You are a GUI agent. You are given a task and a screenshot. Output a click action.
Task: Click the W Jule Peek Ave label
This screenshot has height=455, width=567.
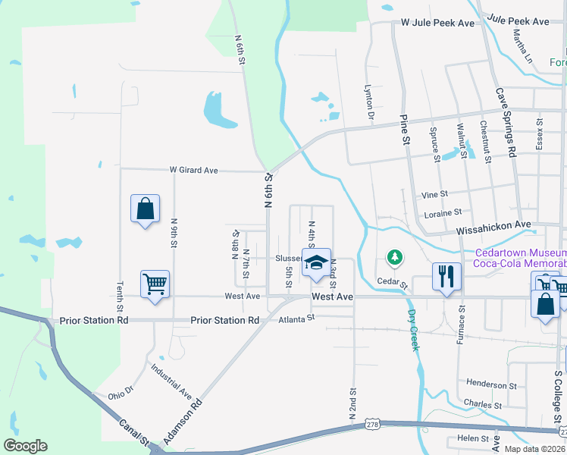point(437,24)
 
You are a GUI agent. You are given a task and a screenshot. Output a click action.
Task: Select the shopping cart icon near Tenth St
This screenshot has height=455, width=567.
point(155,284)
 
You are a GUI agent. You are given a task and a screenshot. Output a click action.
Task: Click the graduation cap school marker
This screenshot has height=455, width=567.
point(316,260)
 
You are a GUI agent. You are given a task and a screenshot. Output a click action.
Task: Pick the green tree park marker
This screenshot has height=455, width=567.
point(394,259)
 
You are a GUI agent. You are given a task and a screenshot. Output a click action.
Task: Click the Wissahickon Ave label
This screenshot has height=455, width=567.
point(493,225)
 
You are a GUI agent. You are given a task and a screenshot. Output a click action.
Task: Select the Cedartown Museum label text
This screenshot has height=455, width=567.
point(520,253)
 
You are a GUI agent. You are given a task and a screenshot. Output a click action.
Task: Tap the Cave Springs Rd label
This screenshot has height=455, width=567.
point(506,121)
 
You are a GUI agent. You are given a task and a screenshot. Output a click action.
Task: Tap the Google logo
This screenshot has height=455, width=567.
point(25,446)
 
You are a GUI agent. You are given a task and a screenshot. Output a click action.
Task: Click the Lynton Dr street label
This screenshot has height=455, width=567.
point(371,102)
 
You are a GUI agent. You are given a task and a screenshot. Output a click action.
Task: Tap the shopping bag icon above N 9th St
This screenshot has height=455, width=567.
point(145,209)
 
